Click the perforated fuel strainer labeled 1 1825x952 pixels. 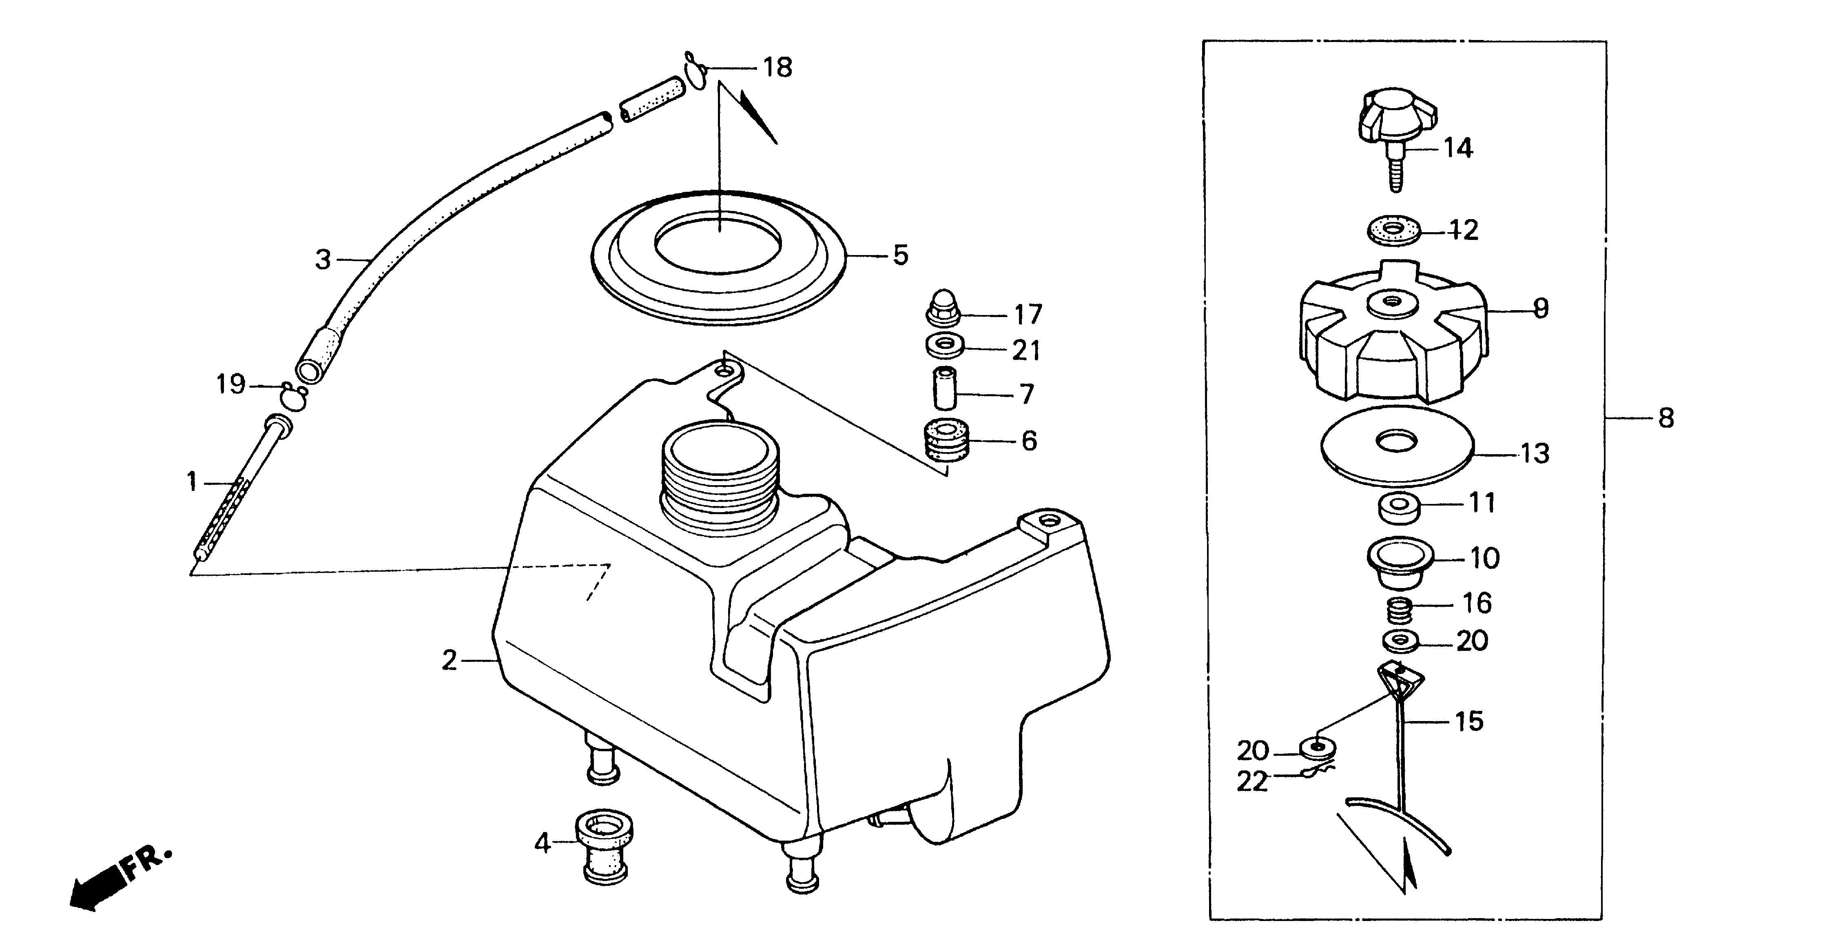234,496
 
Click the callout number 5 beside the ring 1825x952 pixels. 900,255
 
